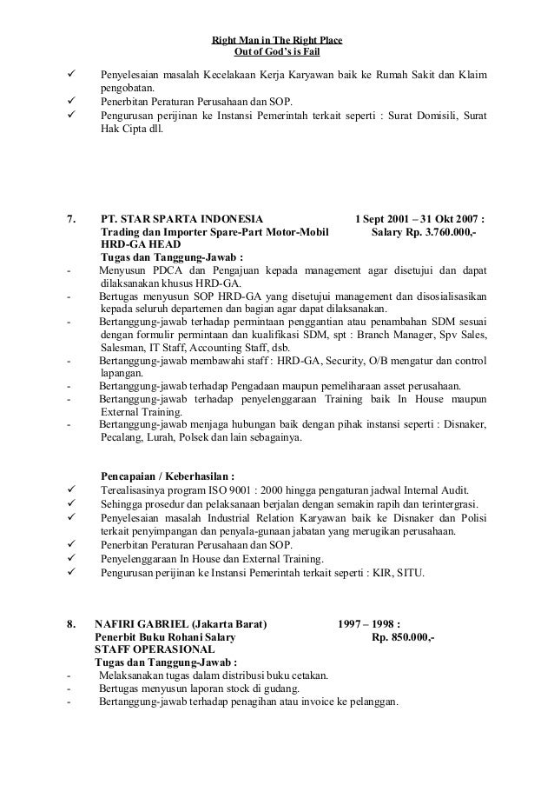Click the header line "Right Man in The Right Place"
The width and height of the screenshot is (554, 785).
click(277, 41)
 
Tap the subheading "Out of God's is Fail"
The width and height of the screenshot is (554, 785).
click(277, 52)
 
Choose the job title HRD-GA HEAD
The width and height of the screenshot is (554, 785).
click(135, 245)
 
